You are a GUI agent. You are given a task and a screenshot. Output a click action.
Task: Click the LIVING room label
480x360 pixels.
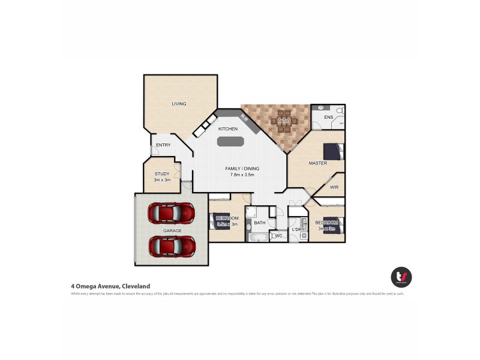click(x=179, y=104)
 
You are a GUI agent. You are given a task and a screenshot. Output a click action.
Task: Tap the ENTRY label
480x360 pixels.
click(x=163, y=145)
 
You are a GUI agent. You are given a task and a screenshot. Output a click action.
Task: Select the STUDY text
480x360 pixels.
click(x=162, y=174)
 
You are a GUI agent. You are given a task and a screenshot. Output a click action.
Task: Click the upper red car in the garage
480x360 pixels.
click(x=172, y=213)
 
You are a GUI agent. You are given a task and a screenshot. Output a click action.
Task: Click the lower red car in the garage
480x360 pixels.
click(x=172, y=246)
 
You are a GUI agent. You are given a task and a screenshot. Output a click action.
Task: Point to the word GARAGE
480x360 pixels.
click(x=172, y=230)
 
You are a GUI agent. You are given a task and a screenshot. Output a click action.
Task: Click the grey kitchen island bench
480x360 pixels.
click(x=230, y=142)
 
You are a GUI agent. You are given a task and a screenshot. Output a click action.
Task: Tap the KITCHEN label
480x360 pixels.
click(x=227, y=129)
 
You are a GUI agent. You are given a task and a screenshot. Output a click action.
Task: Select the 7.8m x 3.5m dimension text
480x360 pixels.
click(x=240, y=175)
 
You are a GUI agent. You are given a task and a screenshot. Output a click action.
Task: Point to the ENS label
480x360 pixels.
click(x=328, y=117)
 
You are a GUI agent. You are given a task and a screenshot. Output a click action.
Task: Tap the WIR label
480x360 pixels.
click(x=334, y=187)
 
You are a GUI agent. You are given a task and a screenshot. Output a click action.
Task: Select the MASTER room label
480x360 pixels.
click(x=317, y=163)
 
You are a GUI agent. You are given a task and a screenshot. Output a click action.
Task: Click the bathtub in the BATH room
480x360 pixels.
click(x=258, y=237)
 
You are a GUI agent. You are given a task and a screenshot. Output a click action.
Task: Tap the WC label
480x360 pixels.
click(x=279, y=236)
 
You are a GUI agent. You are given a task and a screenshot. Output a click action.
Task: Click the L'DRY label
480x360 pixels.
click(x=298, y=230)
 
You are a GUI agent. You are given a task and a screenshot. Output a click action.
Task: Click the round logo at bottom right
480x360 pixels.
click(x=401, y=277)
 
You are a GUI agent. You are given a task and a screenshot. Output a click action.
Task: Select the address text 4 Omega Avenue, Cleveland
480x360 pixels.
click(x=110, y=286)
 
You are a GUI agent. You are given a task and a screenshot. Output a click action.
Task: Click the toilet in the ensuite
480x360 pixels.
click(x=340, y=110)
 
